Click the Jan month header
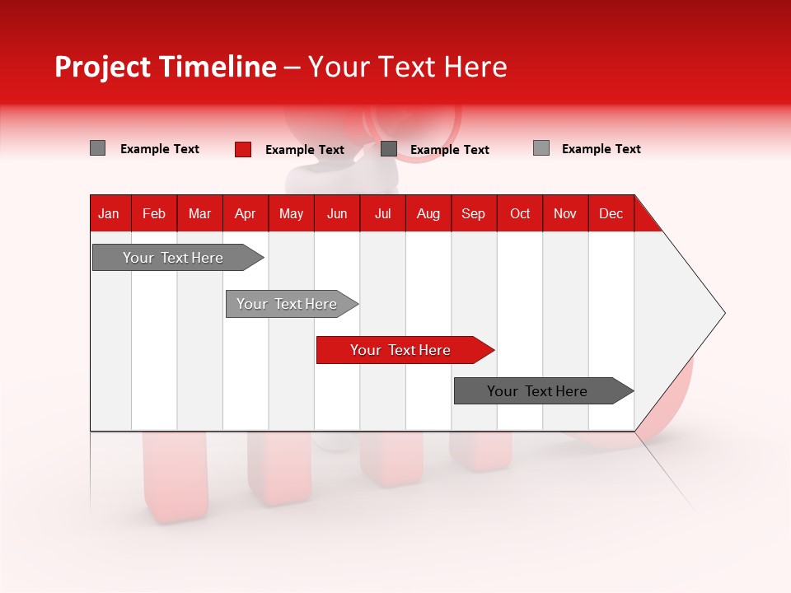point(109,213)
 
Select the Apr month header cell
point(245,213)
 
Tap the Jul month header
point(382,213)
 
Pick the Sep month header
point(473,213)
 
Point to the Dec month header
point(611,213)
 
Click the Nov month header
point(564,213)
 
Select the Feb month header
point(154,213)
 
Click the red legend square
point(243,149)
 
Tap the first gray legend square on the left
point(97,148)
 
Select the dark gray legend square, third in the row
point(389,148)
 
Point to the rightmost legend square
point(541,148)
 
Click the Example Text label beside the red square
point(304,150)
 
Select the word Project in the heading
point(102,67)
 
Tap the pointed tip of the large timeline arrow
point(723,313)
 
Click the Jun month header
point(337,213)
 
